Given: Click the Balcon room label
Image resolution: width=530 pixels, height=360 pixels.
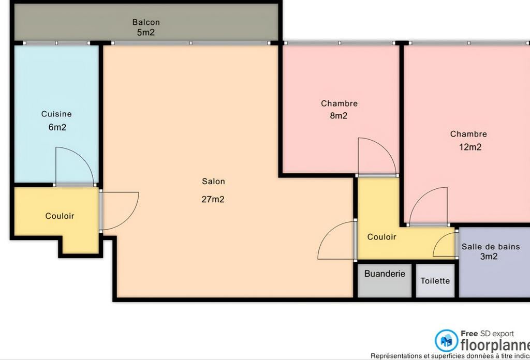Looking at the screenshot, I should (146, 22).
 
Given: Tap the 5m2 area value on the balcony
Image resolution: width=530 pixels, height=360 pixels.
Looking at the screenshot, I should (146, 33).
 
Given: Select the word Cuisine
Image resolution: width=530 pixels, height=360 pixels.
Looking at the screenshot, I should (56, 114).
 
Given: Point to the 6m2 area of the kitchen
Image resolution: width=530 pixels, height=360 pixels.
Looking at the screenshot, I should (57, 127).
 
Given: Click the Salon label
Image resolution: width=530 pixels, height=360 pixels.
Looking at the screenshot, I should (213, 182).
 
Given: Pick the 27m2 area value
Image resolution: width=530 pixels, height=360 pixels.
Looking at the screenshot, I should (213, 199).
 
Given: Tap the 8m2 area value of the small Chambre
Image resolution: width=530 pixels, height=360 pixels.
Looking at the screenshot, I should (338, 116).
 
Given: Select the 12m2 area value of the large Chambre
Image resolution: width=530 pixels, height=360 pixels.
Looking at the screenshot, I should (470, 147).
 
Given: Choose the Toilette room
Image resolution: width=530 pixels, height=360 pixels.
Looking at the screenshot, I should (435, 281).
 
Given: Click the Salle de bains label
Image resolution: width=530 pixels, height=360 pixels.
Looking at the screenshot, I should (491, 247).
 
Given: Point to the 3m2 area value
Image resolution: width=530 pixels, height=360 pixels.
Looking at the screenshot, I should (489, 256).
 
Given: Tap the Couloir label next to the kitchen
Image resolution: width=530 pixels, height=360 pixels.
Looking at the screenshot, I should (60, 216).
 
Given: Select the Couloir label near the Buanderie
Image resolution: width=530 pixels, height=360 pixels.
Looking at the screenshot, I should (381, 237).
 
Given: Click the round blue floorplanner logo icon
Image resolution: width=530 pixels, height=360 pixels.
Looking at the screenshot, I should (446, 340).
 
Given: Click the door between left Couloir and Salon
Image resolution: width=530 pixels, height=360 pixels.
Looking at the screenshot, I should (119, 209).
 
